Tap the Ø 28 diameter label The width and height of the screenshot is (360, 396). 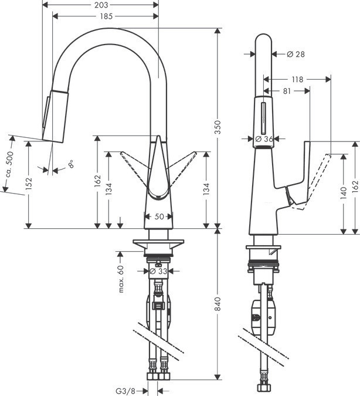[296, 54]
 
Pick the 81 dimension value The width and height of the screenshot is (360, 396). [287, 91]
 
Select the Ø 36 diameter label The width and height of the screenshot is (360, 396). [265, 139]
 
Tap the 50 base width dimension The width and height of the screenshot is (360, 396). [158, 216]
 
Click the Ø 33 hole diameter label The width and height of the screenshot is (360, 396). [159, 271]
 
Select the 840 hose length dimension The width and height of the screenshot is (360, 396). [218, 303]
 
